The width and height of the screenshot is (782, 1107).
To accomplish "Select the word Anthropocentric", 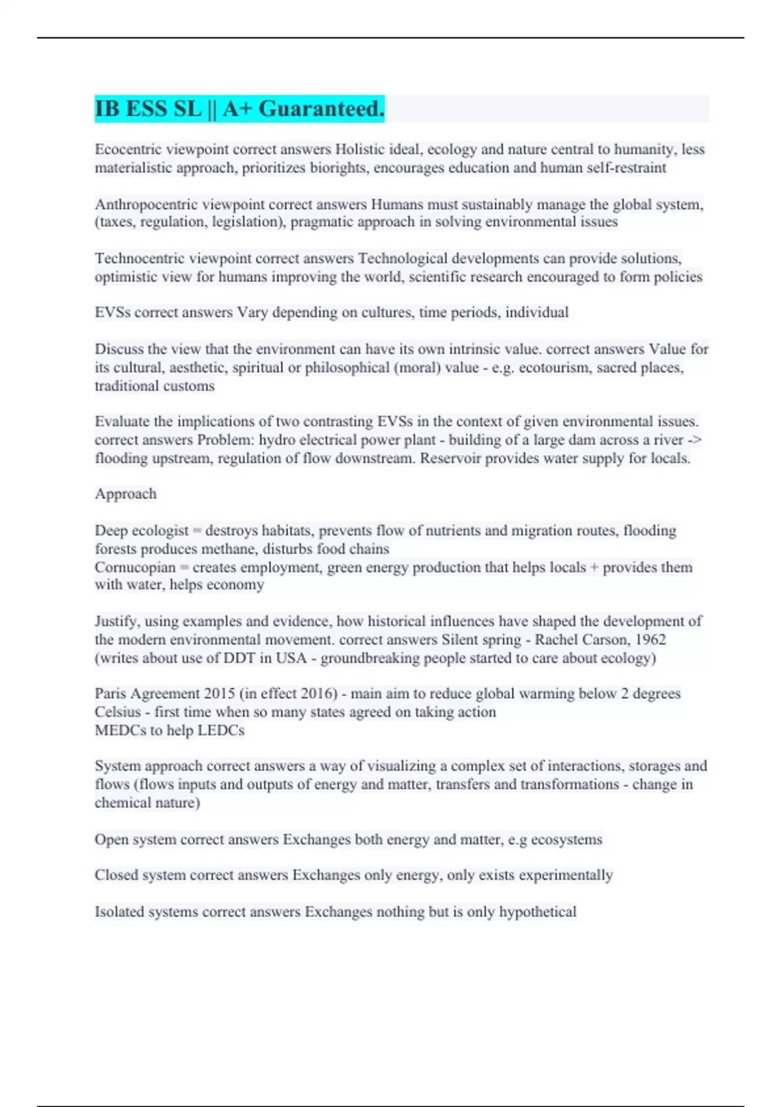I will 146,204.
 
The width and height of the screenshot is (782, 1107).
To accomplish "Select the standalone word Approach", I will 126,494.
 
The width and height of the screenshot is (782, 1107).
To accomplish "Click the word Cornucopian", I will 135,567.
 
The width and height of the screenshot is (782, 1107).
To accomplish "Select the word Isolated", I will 119,912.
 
